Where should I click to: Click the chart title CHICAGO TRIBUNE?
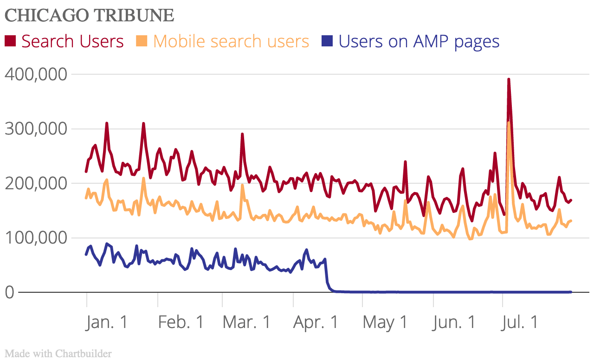pyautogui.click(x=89, y=15)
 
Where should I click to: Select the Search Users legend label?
pyautogui.click(x=72, y=41)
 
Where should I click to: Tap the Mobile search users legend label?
pyautogui.click(x=231, y=41)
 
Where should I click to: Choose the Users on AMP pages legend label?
pyautogui.click(x=419, y=41)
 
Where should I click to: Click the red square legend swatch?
pyautogui.click(x=10, y=41)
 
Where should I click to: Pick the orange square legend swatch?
pyautogui.click(x=142, y=41)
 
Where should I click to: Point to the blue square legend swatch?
pyautogui.click(x=327, y=41)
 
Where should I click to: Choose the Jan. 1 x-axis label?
pyautogui.click(x=107, y=322)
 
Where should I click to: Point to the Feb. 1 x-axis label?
pyautogui.click(x=181, y=322)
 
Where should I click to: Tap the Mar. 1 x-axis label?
pyautogui.click(x=246, y=322)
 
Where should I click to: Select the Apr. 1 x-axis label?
pyautogui.click(x=316, y=322)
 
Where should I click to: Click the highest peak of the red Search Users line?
pyautogui.click(x=509, y=80)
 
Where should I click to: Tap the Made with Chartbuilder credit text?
pyautogui.click(x=58, y=354)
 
